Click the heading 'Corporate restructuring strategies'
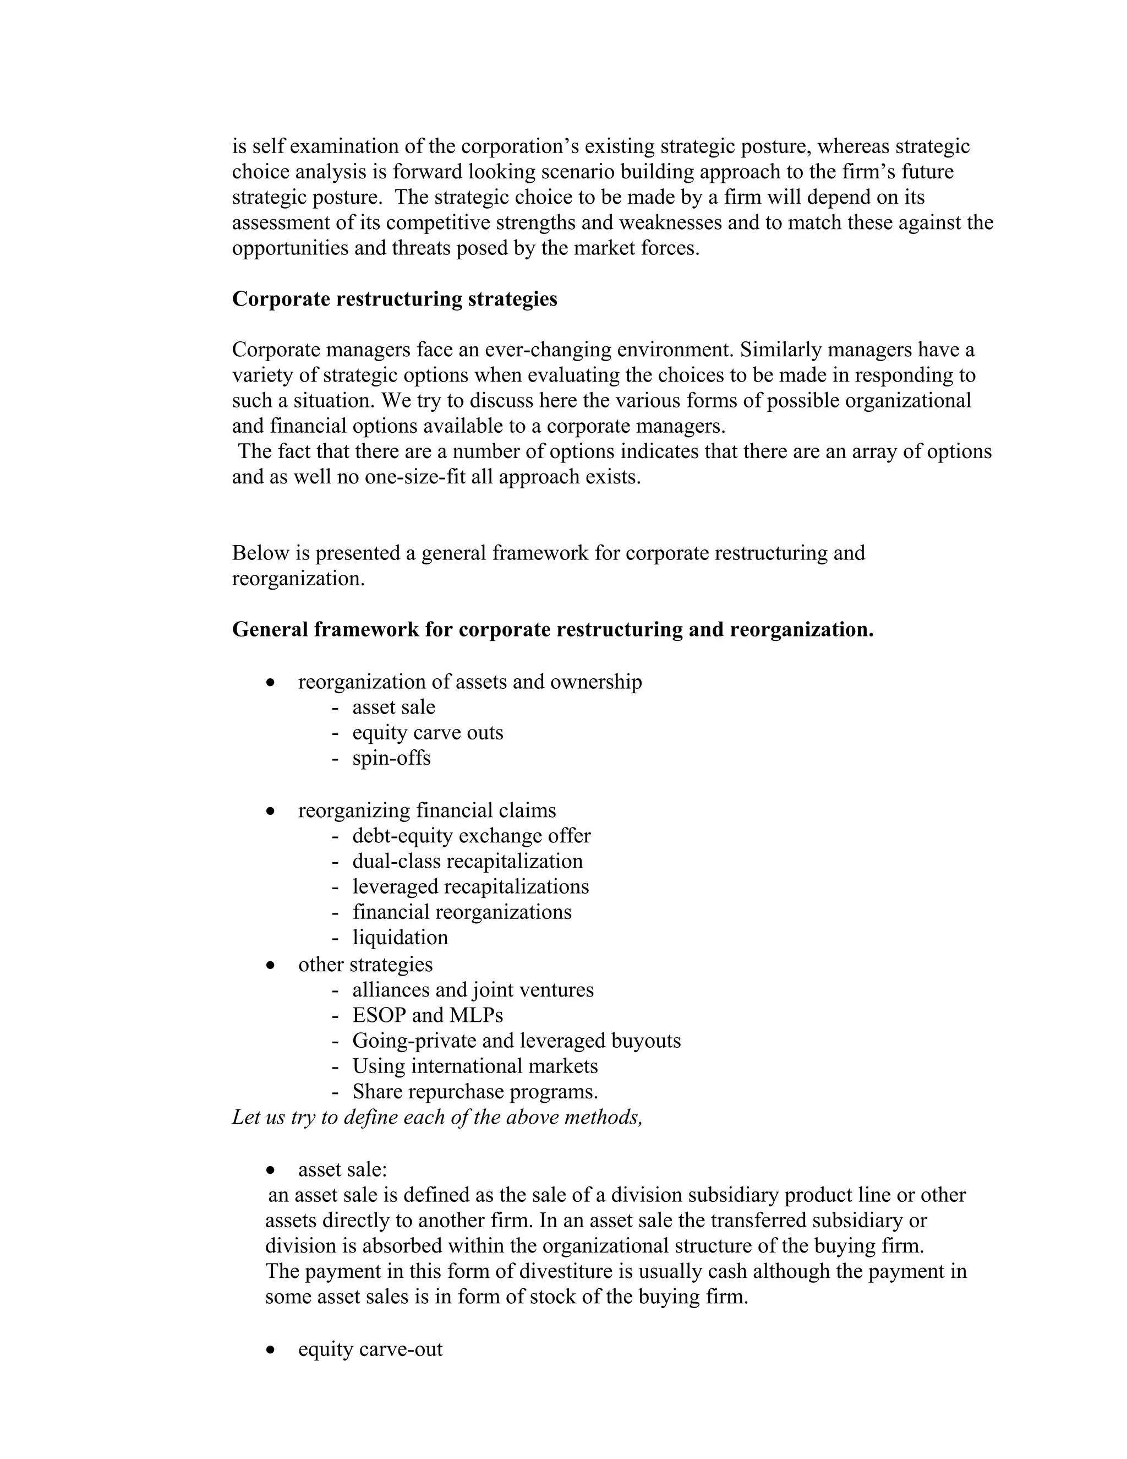tap(394, 298)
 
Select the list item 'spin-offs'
tap(391, 758)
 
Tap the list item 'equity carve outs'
tap(427, 733)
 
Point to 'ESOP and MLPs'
tap(427, 1015)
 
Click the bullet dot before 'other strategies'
tap(270, 965)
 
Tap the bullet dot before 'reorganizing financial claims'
tap(270, 812)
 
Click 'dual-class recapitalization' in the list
tap(467, 861)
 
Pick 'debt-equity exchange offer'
tap(472, 836)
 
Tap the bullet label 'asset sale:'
tap(342, 1170)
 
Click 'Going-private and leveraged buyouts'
tap(516, 1040)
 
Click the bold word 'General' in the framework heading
tap(270, 629)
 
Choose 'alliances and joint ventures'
tap(473, 989)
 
